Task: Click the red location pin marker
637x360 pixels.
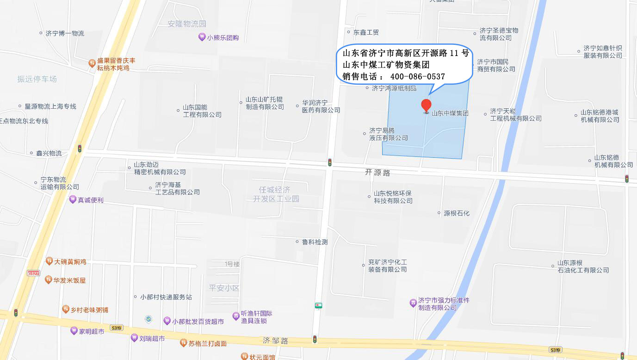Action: (x=426, y=106)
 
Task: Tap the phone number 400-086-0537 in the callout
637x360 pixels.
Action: (x=417, y=76)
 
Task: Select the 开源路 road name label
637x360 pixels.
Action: (x=377, y=172)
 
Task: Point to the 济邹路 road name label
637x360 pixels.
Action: (x=275, y=341)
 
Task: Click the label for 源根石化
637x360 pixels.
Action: (x=456, y=213)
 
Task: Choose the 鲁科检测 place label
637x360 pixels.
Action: (x=315, y=242)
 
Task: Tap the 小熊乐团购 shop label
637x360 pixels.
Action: (x=223, y=38)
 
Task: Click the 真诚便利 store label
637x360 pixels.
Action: (x=90, y=200)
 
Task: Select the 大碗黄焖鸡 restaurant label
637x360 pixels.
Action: (x=70, y=262)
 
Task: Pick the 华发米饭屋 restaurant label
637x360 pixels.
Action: (x=69, y=280)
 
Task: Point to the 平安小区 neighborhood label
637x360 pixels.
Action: (x=224, y=288)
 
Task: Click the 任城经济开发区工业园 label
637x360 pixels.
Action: (x=276, y=194)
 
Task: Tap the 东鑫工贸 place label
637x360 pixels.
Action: (x=366, y=32)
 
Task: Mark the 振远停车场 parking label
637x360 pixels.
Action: (x=37, y=79)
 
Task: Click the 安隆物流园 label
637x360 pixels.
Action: (x=187, y=24)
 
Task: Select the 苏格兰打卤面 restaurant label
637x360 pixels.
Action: (x=207, y=343)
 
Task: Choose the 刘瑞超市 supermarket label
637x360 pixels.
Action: (x=152, y=339)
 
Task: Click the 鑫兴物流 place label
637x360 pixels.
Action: (x=49, y=153)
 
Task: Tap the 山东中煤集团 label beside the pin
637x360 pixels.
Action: (x=450, y=113)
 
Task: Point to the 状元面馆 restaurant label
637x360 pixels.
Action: (x=262, y=357)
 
